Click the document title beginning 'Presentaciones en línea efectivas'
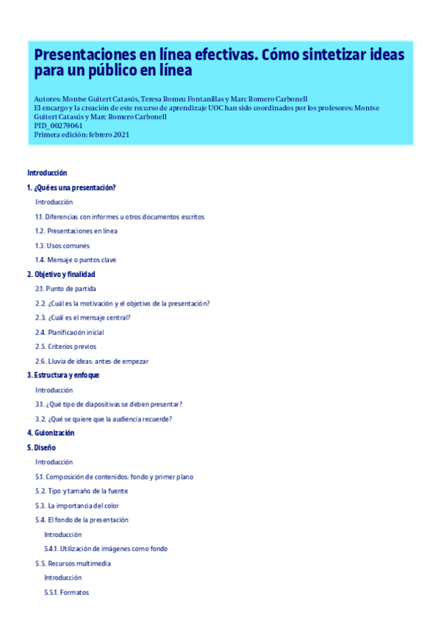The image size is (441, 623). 219,62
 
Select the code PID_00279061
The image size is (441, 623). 58,126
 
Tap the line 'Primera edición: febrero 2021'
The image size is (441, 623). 82,134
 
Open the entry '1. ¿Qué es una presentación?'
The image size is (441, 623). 71,187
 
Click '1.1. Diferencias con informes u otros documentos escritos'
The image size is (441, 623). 120,217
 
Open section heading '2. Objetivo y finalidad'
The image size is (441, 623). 61,274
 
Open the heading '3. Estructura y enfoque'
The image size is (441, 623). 63,375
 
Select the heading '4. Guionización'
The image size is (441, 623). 51,433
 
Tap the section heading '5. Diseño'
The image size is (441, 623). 41,447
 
